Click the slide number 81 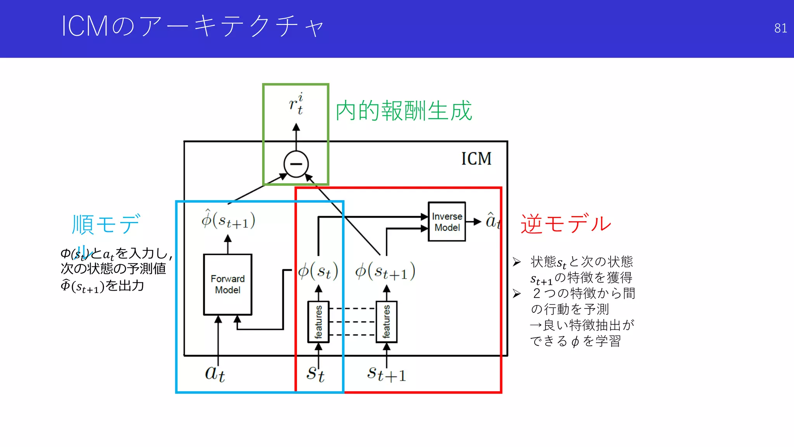(780, 28)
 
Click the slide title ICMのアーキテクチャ (193, 26)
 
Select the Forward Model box (228, 284)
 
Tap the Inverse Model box (447, 222)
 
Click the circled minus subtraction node (296, 164)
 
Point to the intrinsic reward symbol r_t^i (296, 104)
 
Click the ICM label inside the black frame (476, 159)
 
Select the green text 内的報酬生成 (404, 111)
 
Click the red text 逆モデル (566, 224)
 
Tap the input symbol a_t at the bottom (215, 373)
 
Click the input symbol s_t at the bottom (315, 373)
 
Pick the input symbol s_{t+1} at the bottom (386, 373)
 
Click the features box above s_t (318, 322)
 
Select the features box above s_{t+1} (386, 322)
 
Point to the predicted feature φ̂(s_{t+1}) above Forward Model (228, 220)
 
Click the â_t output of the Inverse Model (492, 221)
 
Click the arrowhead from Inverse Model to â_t (478, 222)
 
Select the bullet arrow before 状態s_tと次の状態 (516, 262)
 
